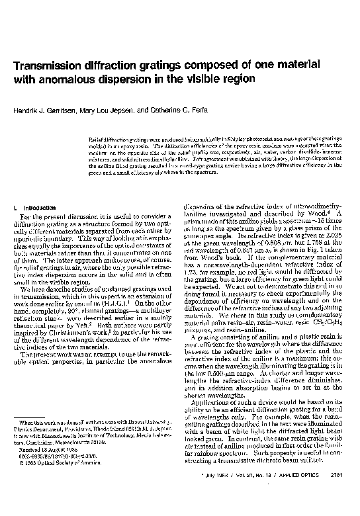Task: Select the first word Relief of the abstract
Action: (x=96, y=140)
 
